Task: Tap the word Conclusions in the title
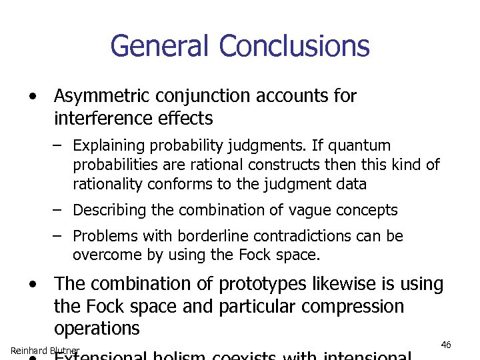(294, 47)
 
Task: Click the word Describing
(109, 210)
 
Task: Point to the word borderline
(200, 236)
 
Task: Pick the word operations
(97, 329)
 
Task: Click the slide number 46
(446, 345)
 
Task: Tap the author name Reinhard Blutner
(45, 351)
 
